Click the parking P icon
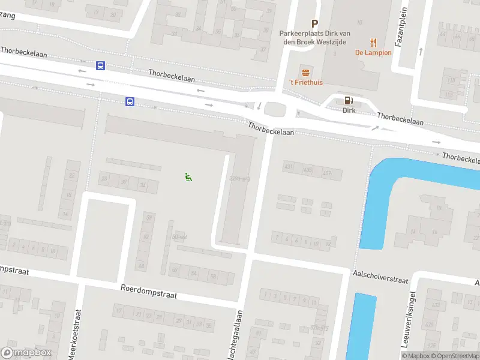pyautogui.click(x=314, y=24)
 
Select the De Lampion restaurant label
pyautogui.click(x=373, y=53)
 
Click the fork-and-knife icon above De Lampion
pyautogui.click(x=373, y=43)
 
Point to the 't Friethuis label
pyautogui.click(x=305, y=82)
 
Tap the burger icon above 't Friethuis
pyautogui.click(x=305, y=72)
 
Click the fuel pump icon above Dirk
pyautogui.click(x=349, y=101)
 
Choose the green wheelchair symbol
pyautogui.click(x=188, y=176)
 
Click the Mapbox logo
pyautogui.click(x=26, y=353)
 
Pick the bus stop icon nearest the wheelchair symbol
pyautogui.click(x=130, y=102)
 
